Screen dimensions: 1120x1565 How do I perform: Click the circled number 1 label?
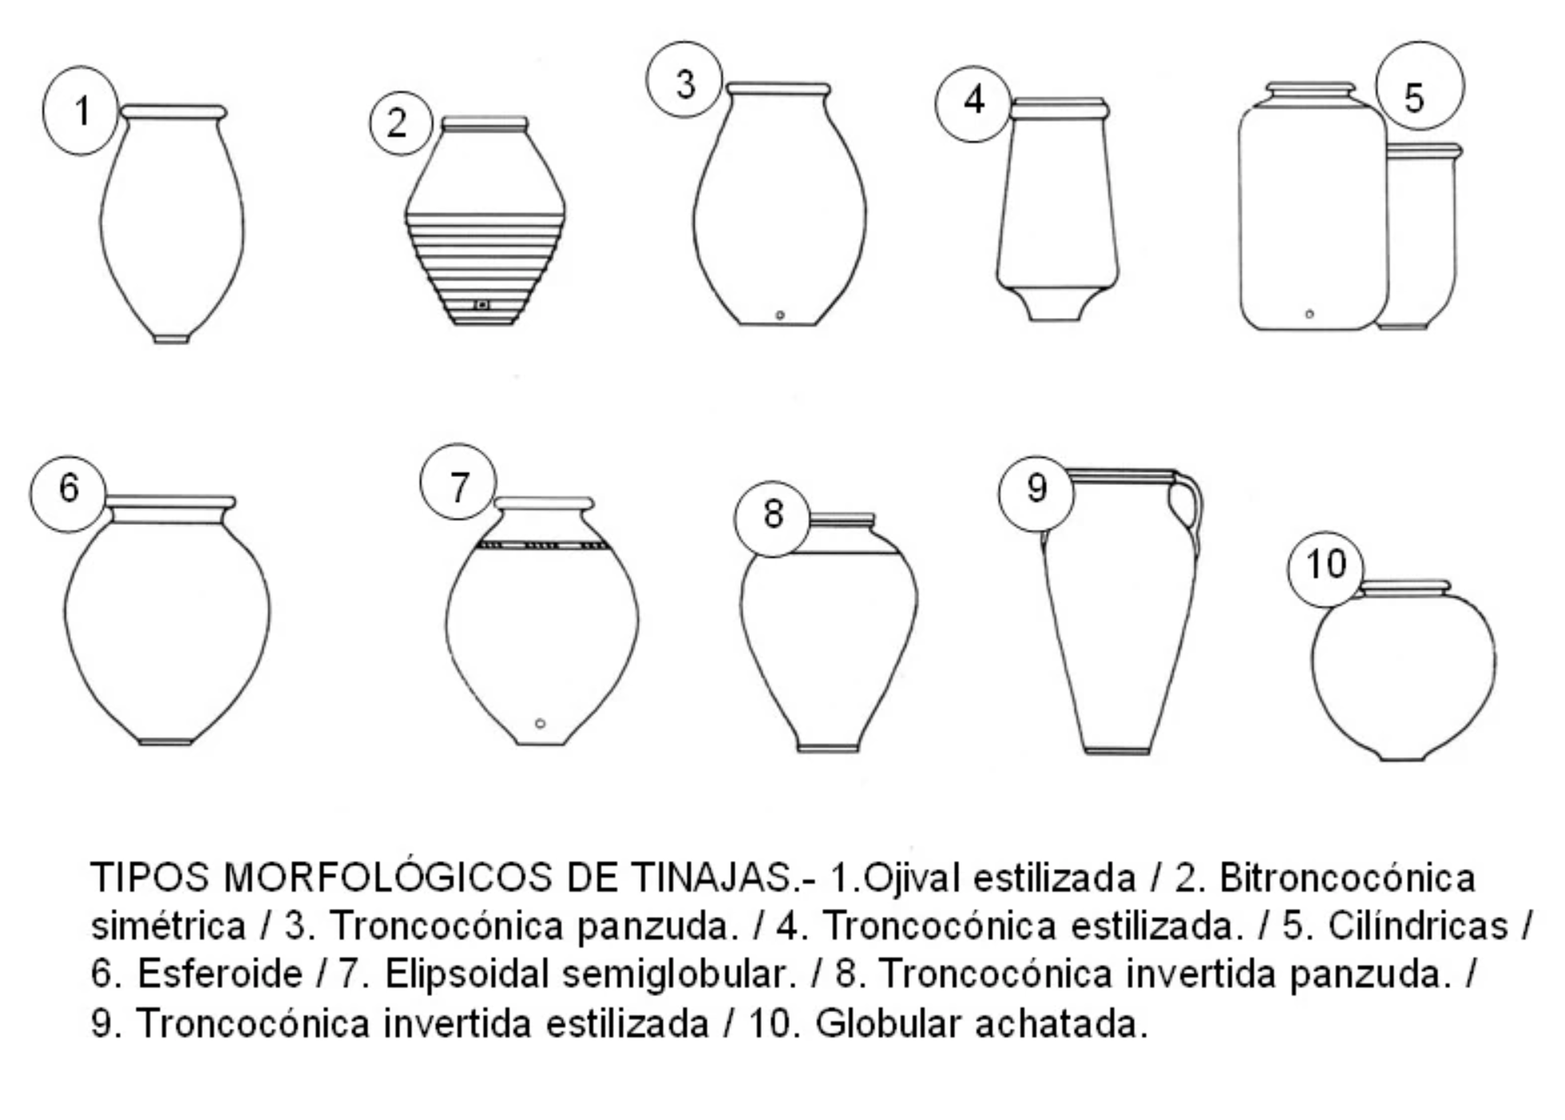[x=81, y=111]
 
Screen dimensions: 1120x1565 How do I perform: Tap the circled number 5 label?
[x=1420, y=86]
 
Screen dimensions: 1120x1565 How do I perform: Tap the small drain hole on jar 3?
[x=780, y=316]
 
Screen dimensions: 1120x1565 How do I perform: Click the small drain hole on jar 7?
[x=541, y=724]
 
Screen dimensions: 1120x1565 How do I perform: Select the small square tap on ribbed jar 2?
[x=482, y=304]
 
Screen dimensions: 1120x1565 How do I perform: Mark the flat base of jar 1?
[x=172, y=339]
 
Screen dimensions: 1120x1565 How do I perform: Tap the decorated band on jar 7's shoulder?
[x=543, y=546]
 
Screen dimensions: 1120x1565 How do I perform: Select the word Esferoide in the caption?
[x=220, y=974]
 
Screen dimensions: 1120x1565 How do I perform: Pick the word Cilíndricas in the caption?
[x=1417, y=926]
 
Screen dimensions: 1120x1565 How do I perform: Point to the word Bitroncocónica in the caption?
[x=1346, y=877]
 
